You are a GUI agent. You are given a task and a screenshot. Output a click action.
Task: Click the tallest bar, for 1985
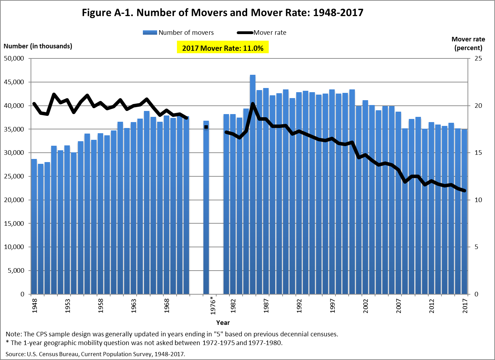pyautogui.click(x=253, y=184)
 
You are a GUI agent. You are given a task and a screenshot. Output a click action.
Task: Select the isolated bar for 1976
pyautogui.click(x=206, y=209)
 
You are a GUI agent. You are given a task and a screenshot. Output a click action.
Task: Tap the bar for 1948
pyautogui.click(x=34, y=226)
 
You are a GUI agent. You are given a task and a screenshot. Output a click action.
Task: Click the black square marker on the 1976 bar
pyautogui.click(x=206, y=127)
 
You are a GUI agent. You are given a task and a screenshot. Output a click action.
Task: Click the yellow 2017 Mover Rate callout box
pyautogui.click(x=223, y=48)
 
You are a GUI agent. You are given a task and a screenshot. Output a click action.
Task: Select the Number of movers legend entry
pyautogui.click(x=178, y=33)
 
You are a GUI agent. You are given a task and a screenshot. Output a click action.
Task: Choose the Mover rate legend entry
pyautogui.click(x=262, y=33)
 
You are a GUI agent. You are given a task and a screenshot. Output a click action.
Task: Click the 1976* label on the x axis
pyautogui.click(x=213, y=305)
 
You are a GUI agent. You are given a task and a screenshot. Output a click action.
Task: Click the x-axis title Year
pyautogui.click(x=223, y=322)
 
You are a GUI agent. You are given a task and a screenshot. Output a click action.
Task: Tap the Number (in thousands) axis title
pyautogui.click(x=38, y=46)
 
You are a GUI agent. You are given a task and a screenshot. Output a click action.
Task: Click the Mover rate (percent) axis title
pyautogui.click(x=468, y=43)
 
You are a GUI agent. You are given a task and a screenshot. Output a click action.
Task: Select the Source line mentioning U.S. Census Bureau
pyautogui.click(x=95, y=354)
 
